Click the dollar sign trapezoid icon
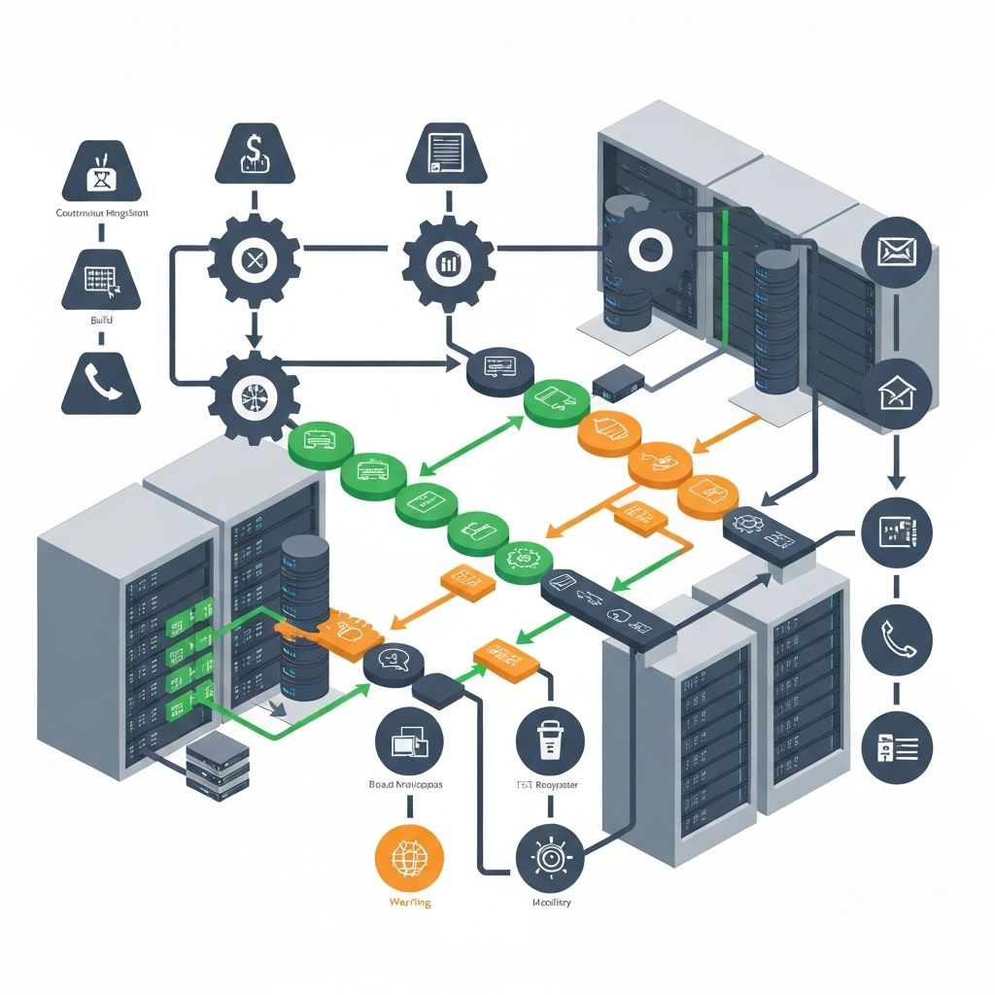pyautogui.click(x=254, y=154)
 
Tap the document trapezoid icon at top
pyautogui.click(x=445, y=154)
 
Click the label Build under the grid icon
pyautogui.click(x=101, y=320)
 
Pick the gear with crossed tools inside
pyautogui.click(x=254, y=259)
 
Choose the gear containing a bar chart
pyautogui.click(x=448, y=261)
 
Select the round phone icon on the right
pyautogui.click(x=896, y=637)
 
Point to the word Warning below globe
pyautogui.click(x=408, y=903)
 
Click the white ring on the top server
pyautogui.click(x=645, y=249)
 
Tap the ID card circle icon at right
pyautogui.click(x=896, y=746)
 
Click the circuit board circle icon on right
pyautogui.click(x=896, y=531)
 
